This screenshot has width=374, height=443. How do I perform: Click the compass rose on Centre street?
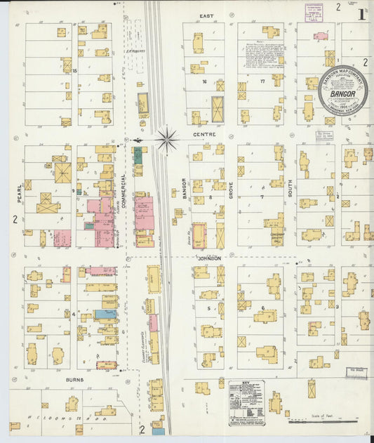click(167, 139)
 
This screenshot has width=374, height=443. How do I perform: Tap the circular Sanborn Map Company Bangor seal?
click(342, 91)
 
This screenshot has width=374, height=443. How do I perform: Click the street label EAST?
click(206, 15)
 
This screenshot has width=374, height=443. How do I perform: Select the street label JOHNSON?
click(210, 258)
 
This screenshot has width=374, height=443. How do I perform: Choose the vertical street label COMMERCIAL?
click(123, 190)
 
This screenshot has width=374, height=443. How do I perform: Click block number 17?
click(262, 81)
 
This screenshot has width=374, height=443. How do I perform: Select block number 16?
click(204, 81)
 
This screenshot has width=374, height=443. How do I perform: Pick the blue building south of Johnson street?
click(106, 314)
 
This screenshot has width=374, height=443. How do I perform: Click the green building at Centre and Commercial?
click(138, 155)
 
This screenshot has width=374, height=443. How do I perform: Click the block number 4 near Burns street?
click(73, 314)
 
